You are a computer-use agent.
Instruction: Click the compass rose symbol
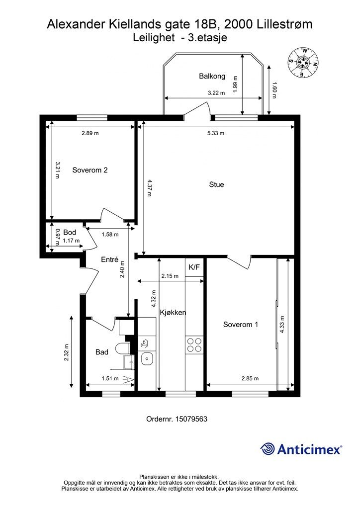(303, 62)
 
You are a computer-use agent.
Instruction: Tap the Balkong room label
(212, 76)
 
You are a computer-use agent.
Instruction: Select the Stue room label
(216, 184)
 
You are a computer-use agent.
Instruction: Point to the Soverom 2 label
(90, 170)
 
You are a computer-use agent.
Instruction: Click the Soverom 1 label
(241, 324)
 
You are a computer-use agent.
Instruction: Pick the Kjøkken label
(173, 313)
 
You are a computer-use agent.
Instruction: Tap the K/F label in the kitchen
(194, 267)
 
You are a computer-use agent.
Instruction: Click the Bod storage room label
(70, 232)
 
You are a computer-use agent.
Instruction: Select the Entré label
(110, 259)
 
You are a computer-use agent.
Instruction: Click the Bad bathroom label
(101, 352)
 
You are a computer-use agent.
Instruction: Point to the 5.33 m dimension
(216, 133)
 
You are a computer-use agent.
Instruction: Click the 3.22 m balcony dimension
(216, 93)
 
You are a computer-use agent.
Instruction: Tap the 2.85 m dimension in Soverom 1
(250, 378)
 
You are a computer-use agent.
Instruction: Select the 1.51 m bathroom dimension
(110, 378)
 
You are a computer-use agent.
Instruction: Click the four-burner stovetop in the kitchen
(194, 345)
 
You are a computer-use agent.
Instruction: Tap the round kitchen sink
(147, 358)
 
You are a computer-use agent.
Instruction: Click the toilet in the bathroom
(122, 349)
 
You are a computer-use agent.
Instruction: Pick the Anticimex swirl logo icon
(268, 449)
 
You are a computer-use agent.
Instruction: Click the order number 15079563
(191, 419)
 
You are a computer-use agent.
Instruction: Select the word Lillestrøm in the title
(285, 24)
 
